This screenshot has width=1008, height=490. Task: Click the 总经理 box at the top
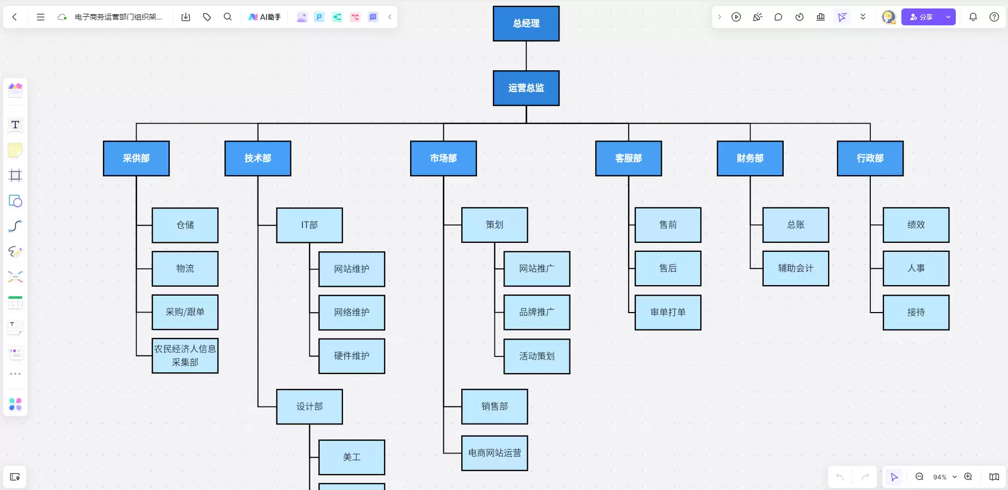(x=526, y=24)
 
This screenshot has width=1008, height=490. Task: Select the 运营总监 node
(x=526, y=88)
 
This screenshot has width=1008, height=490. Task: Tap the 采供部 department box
(x=136, y=158)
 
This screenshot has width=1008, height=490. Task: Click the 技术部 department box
(x=258, y=158)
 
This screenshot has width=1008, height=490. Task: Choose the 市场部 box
(x=443, y=158)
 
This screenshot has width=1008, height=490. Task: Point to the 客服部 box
(x=629, y=158)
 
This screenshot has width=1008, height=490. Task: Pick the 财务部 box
(x=750, y=158)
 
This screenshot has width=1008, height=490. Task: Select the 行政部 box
(x=870, y=158)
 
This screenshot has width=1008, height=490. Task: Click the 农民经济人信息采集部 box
(x=185, y=356)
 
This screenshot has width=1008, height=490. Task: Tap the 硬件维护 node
(x=352, y=356)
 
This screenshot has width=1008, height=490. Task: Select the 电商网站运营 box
(x=495, y=453)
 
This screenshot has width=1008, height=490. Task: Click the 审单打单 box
(x=668, y=313)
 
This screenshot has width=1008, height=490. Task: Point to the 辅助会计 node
(x=796, y=269)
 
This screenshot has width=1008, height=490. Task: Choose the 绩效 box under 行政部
(x=916, y=225)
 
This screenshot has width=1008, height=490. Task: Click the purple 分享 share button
(x=921, y=17)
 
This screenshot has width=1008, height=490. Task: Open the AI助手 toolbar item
(x=265, y=17)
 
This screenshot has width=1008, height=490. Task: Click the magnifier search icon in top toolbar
(x=227, y=17)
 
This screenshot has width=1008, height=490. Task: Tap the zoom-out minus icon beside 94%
(x=919, y=477)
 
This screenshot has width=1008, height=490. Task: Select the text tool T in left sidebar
(x=15, y=125)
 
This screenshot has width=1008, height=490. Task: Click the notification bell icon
(x=973, y=17)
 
